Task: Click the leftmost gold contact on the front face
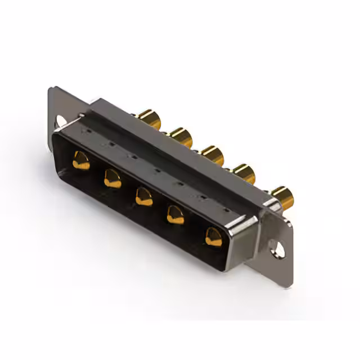pos(81,160)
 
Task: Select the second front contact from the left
pos(112,179)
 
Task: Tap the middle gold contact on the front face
pos(144,196)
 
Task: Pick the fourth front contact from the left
pos(175,214)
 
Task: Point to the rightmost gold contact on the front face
pos(214,236)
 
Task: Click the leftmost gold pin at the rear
pos(150,119)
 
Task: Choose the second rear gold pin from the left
pos(181,137)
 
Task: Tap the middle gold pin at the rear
pos(213,155)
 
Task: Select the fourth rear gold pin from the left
pos(244,173)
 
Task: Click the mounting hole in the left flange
pos(60,120)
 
